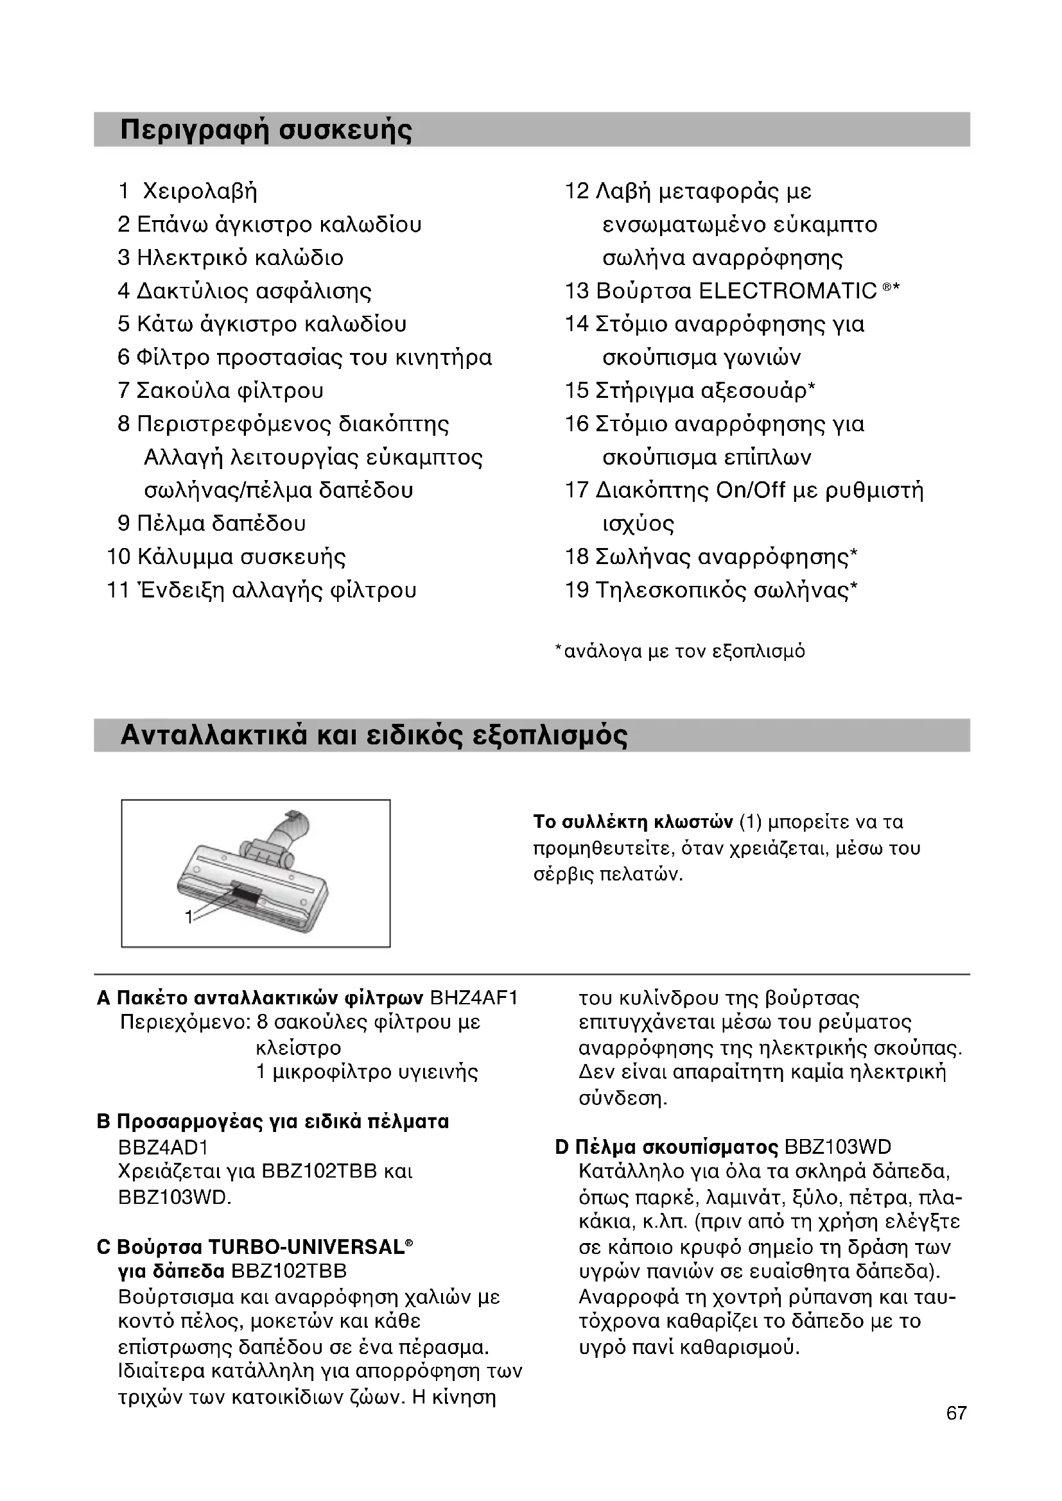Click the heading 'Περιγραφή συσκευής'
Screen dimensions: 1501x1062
266,130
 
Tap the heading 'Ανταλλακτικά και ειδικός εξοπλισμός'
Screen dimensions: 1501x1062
374,736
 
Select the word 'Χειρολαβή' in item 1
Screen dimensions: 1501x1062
200,191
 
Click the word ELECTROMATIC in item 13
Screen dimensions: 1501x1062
787,291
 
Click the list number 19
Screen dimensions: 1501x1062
577,590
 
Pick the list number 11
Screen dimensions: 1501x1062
118,590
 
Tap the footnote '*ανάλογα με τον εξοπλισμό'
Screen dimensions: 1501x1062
680,652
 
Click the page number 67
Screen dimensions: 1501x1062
956,1432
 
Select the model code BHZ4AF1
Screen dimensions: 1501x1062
474,999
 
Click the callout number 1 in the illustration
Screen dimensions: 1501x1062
188,918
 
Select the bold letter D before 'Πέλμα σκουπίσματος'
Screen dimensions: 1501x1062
562,1147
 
